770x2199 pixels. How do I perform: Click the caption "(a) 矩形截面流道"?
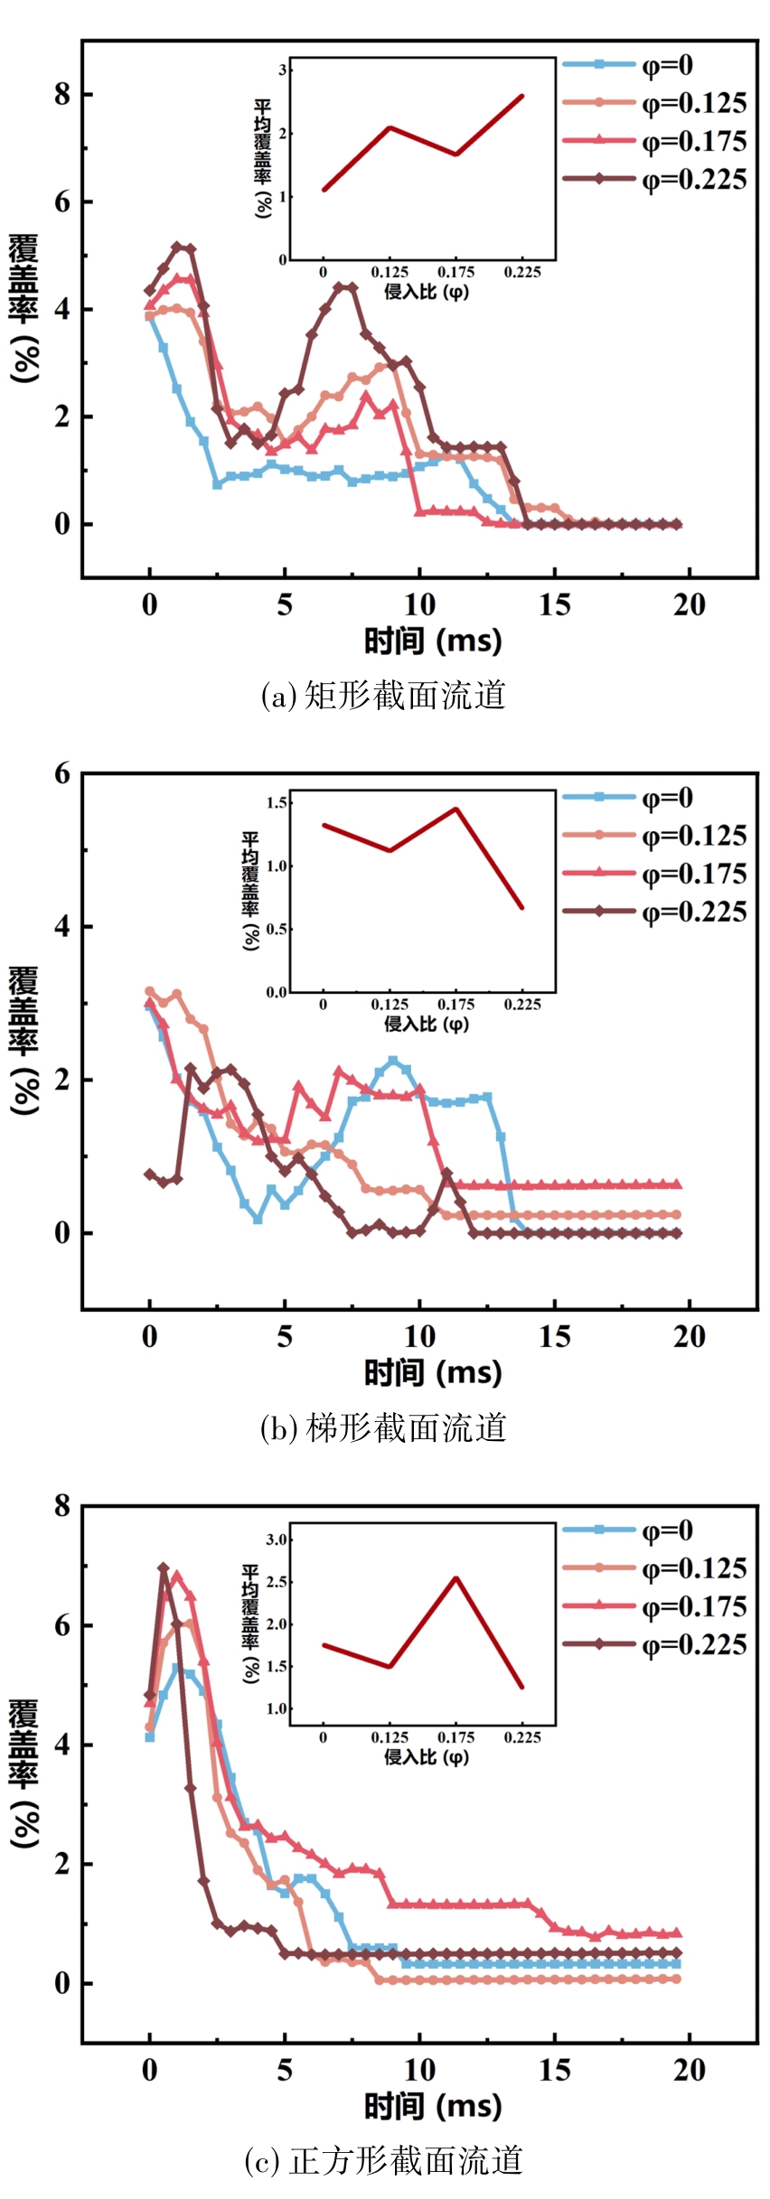[383, 696]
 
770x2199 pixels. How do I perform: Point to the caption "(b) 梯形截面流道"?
[383, 1428]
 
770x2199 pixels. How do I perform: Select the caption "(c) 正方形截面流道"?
[383, 2161]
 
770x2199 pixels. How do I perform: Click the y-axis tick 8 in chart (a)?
[61, 94]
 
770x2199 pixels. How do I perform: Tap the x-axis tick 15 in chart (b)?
[554, 1337]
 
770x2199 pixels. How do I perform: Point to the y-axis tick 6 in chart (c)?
[61, 1626]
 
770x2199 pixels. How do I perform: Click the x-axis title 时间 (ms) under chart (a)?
[432, 641]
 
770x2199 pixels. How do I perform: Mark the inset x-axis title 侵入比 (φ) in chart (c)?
[427, 1756]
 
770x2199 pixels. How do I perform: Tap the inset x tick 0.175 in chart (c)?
[455, 1737]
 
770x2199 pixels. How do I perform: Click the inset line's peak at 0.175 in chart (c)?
[456, 1578]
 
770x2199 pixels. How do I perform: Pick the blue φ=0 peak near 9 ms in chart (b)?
[393, 1061]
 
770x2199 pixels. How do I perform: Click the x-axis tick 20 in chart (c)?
[689, 2070]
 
